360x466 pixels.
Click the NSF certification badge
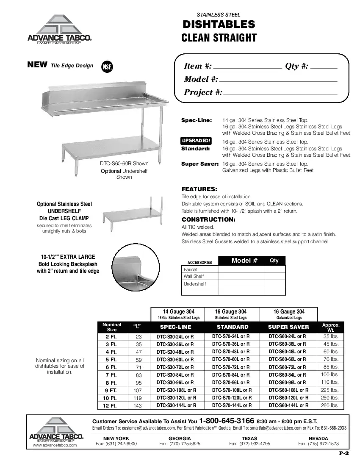pyautogui.click(x=107, y=67)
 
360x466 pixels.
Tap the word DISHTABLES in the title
pyautogui.click(x=219, y=25)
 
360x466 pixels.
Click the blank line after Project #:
pyautogui.click(x=280, y=93)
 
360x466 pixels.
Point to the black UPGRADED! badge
pyautogui.click(x=196, y=141)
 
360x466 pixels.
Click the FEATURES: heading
pyautogui.click(x=199, y=189)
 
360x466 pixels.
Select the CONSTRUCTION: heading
pyautogui.click(x=208, y=219)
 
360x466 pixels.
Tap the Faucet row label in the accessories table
pyautogui.click(x=191, y=269)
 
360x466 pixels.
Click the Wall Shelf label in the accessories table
pyautogui.click(x=194, y=277)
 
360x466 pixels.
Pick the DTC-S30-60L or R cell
pyautogui.click(x=175, y=359)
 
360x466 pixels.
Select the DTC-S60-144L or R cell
pyautogui.click(x=288, y=405)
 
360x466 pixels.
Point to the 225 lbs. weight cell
pyautogui.click(x=330, y=390)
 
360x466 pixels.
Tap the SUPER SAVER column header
pyautogui.click(x=288, y=327)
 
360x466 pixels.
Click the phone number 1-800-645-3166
pyautogui.click(x=227, y=421)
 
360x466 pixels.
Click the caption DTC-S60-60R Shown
pyautogui.click(x=124, y=164)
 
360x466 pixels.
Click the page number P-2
pyautogui.click(x=343, y=454)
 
